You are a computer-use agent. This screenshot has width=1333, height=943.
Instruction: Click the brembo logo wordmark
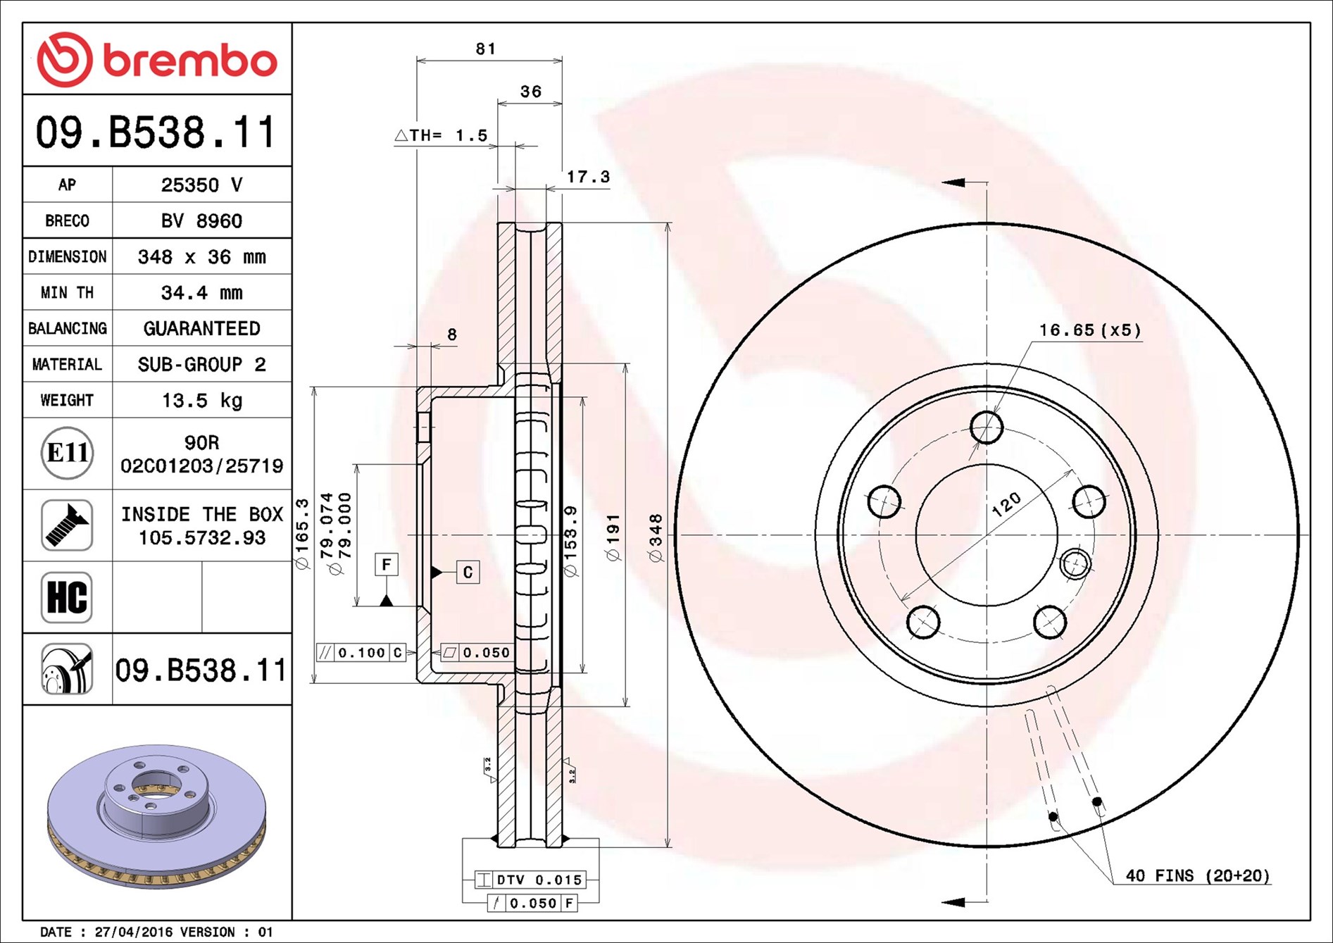click(x=190, y=61)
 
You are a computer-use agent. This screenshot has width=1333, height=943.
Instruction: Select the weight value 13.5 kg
click(x=202, y=400)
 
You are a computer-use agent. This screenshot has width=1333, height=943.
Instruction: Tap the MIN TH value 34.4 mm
click(x=202, y=292)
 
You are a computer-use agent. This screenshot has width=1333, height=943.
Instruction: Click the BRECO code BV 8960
click(x=202, y=220)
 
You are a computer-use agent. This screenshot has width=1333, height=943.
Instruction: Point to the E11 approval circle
click(x=68, y=453)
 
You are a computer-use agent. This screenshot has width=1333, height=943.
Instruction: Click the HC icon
click(x=67, y=597)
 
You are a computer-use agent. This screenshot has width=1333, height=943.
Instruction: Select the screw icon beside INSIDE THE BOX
click(x=67, y=525)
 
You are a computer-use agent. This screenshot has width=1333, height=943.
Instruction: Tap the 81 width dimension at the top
click(x=486, y=49)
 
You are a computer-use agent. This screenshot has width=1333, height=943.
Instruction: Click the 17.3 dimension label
click(x=589, y=177)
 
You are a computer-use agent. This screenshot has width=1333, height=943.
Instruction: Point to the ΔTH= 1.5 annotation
click(x=442, y=135)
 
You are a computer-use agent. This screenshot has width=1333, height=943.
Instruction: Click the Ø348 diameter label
click(x=656, y=538)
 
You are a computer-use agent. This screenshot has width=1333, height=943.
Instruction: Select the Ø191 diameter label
click(x=613, y=537)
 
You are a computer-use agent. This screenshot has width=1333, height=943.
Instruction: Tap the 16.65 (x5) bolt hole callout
click(x=1090, y=330)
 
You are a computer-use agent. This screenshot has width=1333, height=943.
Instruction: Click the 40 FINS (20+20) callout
click(x=1198, y=875)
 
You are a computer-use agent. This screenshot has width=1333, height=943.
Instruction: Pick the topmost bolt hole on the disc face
click(x=987, y=427)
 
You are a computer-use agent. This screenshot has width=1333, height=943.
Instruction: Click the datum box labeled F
click(x=387, y=564)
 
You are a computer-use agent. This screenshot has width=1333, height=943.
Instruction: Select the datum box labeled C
click(x=468, y=572)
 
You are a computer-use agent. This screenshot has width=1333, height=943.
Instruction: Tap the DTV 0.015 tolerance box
click(x=530, y=880)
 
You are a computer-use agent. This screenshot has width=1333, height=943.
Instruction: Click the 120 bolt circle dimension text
click(x=1006, y=504)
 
